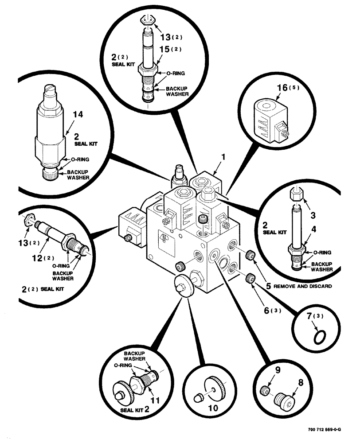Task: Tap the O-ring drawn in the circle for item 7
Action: point(318,338)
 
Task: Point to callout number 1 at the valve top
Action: point(224,157)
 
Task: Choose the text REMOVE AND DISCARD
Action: point(302,286)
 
